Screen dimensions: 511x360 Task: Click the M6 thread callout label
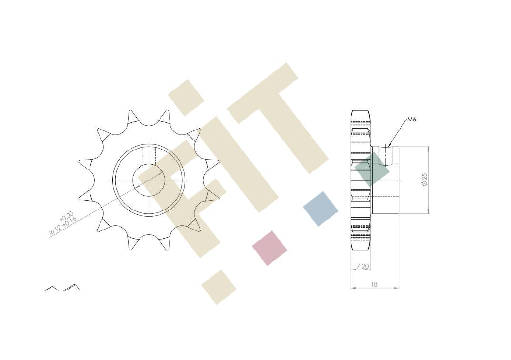(411, 120)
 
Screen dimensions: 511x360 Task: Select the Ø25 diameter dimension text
(424, 180)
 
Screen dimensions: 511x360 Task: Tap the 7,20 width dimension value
(362, 266)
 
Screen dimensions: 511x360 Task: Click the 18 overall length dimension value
(374, 284)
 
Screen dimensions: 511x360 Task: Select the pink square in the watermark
(270, 248)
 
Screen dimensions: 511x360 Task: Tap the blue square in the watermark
(321, 209)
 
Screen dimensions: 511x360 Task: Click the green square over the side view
(372, 170)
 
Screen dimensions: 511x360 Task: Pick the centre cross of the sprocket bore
(149, 180)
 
